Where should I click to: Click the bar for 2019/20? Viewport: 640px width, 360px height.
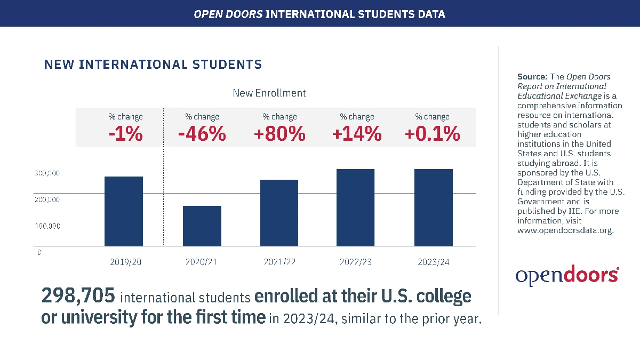tap(124, 211)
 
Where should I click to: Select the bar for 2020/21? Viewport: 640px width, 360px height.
tap(202, 226)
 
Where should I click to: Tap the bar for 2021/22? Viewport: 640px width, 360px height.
tap(279, 213)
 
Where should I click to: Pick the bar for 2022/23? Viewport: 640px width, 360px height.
tap(355, 207)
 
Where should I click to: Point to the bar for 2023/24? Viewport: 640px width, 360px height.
tap(433, 207)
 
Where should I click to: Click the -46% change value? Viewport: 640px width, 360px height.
tap(202, 134)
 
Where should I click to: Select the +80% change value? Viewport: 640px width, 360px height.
tap(279, 134)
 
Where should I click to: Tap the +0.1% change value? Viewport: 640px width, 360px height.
tap(432, 134)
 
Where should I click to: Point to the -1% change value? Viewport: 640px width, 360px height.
tap(125, 134)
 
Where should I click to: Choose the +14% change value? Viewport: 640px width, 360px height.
tap(357, 134)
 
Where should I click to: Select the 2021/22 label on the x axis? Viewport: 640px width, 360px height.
tap(279, 262)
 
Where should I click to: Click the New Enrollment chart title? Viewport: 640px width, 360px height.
tap(269, 93)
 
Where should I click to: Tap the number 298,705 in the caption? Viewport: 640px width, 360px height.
tap(79, 296)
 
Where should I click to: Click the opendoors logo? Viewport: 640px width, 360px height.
tap(567, 275)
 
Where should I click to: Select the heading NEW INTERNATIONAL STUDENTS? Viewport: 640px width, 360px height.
tap(153, 65)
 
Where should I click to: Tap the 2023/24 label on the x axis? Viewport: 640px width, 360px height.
tap(433, 262)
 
